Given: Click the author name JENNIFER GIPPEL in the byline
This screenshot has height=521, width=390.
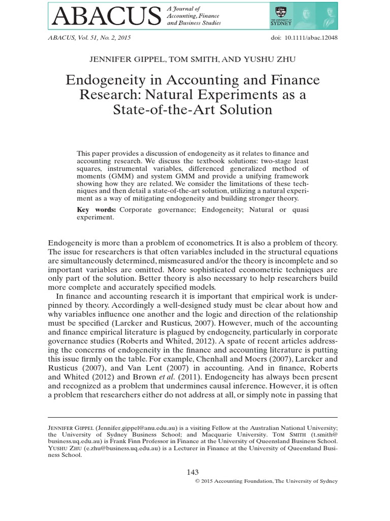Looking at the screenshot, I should point(125,59).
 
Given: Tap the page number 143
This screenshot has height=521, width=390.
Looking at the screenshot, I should point(194,472).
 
